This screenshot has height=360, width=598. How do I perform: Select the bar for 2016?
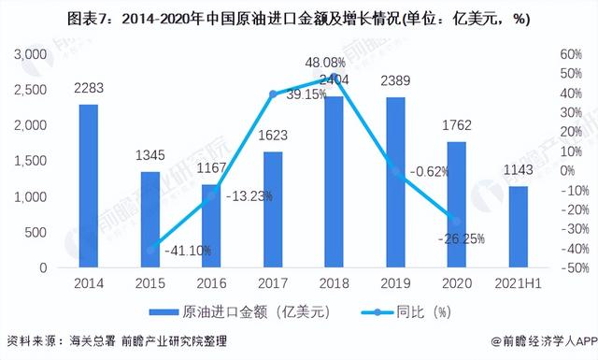coord(211,225)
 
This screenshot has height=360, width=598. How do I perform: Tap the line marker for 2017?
coord(272,94)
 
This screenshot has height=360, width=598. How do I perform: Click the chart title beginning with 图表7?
coord(299,18)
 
